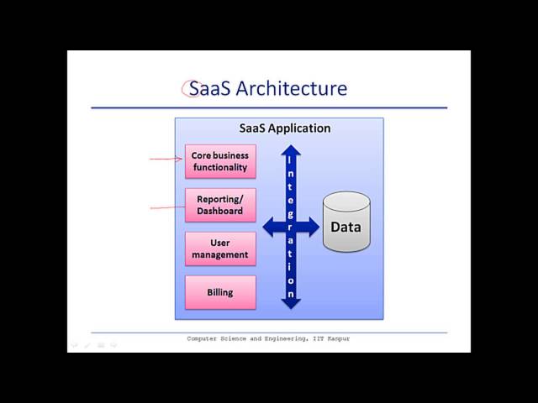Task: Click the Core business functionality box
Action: click(x=220, y=161)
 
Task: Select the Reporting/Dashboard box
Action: click(x=220, y=205)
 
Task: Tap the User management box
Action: click(x=220, y=249)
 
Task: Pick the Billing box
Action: click(x=220, y=292)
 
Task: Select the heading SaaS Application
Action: click(x=285, y=128)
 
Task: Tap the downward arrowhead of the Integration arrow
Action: click(x=291, y=302)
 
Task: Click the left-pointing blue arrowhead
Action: click(x=270, y=227)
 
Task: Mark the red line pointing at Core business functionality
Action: click(x=166, y=157)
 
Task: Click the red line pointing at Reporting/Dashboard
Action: click(x=166, y=207)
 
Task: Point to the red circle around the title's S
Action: click(x=190, y=87)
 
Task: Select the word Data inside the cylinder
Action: click(x=345, y=227)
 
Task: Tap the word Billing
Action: click(x=220, y=293)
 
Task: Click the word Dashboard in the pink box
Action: click(x=220, y=211)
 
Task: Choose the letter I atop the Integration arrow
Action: click(x=291, y=160)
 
